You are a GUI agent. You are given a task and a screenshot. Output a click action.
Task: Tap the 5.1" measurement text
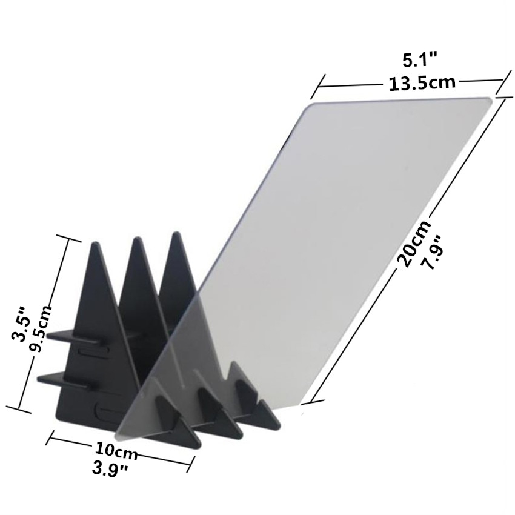pyautogui.click(x=420, y=60)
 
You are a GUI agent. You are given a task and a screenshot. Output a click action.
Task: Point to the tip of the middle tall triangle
pyautogui.click(x=137, y=238)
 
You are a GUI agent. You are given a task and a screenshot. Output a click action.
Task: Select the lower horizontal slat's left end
pyautogui.click(x=40, y=379)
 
